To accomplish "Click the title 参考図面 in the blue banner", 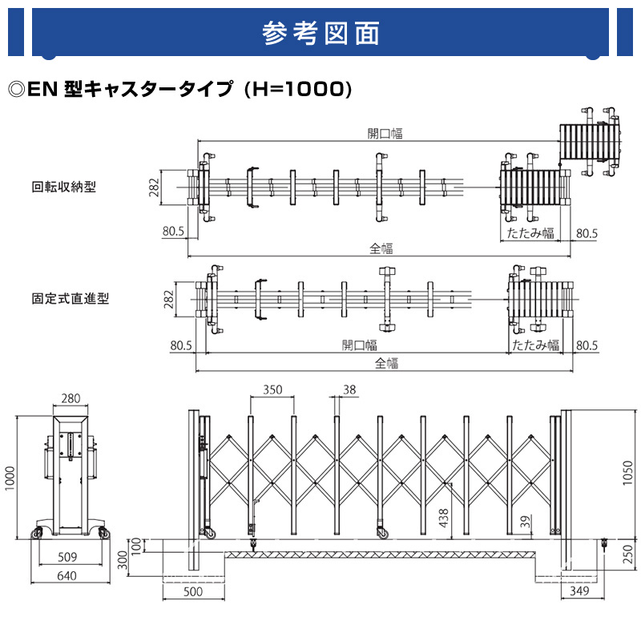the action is pos(320,33).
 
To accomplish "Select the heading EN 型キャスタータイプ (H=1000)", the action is pos(179,89).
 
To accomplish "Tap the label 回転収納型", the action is pos(64,187).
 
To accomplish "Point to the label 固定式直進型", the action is pos(71,298).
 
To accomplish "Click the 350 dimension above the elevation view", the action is pos(272,389).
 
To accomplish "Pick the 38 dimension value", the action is pos(349,389).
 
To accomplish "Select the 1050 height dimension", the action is pos(627,473).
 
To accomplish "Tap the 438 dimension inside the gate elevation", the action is pos(444,518).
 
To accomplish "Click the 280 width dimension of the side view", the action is pos(71,398).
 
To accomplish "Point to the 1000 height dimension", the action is pos(10,478).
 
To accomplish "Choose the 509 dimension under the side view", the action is pos(67,557).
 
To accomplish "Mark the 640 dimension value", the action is pos(67,575).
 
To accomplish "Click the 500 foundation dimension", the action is pos(193,591).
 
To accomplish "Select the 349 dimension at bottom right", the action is pos(579,591).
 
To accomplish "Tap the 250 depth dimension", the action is pos(629,554).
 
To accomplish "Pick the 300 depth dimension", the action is pos(123,560).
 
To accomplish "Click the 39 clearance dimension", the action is pos(526,522).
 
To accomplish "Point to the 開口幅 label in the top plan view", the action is pos(385,134).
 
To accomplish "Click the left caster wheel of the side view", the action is pos(38,533).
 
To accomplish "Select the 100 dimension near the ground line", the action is pos(136,546).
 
